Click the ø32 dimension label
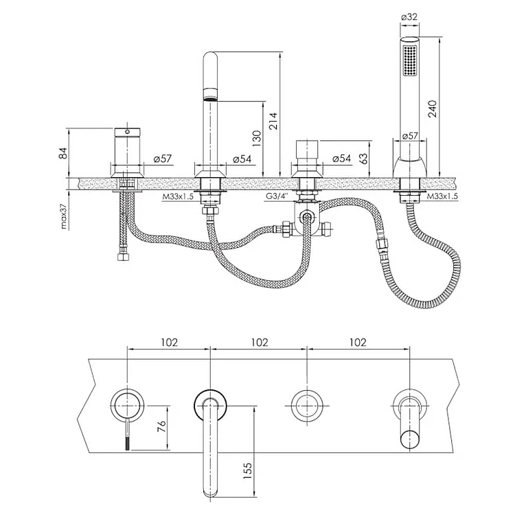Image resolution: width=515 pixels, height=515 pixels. point(409,16)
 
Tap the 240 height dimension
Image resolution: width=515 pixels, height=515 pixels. point(432,108)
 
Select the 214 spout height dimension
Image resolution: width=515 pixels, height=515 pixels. point(273,121)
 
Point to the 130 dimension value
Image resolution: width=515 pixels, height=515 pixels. point(256,139)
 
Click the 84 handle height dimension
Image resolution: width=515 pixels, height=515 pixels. point(62,153)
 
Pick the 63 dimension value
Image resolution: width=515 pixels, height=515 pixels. point(363,158)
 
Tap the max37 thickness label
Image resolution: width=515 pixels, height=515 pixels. point(63,216)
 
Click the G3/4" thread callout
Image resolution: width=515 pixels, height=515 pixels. point(277,196)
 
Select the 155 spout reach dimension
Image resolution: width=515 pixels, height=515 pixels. point(248,470)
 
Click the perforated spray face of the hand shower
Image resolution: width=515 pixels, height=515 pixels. point(409,60)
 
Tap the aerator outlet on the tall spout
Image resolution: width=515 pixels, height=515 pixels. point(210,94)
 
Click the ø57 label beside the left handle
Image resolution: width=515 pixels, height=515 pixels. point(163,159)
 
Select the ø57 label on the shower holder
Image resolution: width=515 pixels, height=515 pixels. point(409,136)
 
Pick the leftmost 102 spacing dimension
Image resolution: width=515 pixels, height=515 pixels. point(169,342)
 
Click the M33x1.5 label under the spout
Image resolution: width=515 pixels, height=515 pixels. point(178,197)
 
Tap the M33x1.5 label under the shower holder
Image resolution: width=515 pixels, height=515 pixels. point(442,196)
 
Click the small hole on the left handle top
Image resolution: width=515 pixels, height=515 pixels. point(127,132)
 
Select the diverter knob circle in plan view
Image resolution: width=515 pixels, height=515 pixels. point(307,406)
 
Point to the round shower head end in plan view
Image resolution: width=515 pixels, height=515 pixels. point(410,439)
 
